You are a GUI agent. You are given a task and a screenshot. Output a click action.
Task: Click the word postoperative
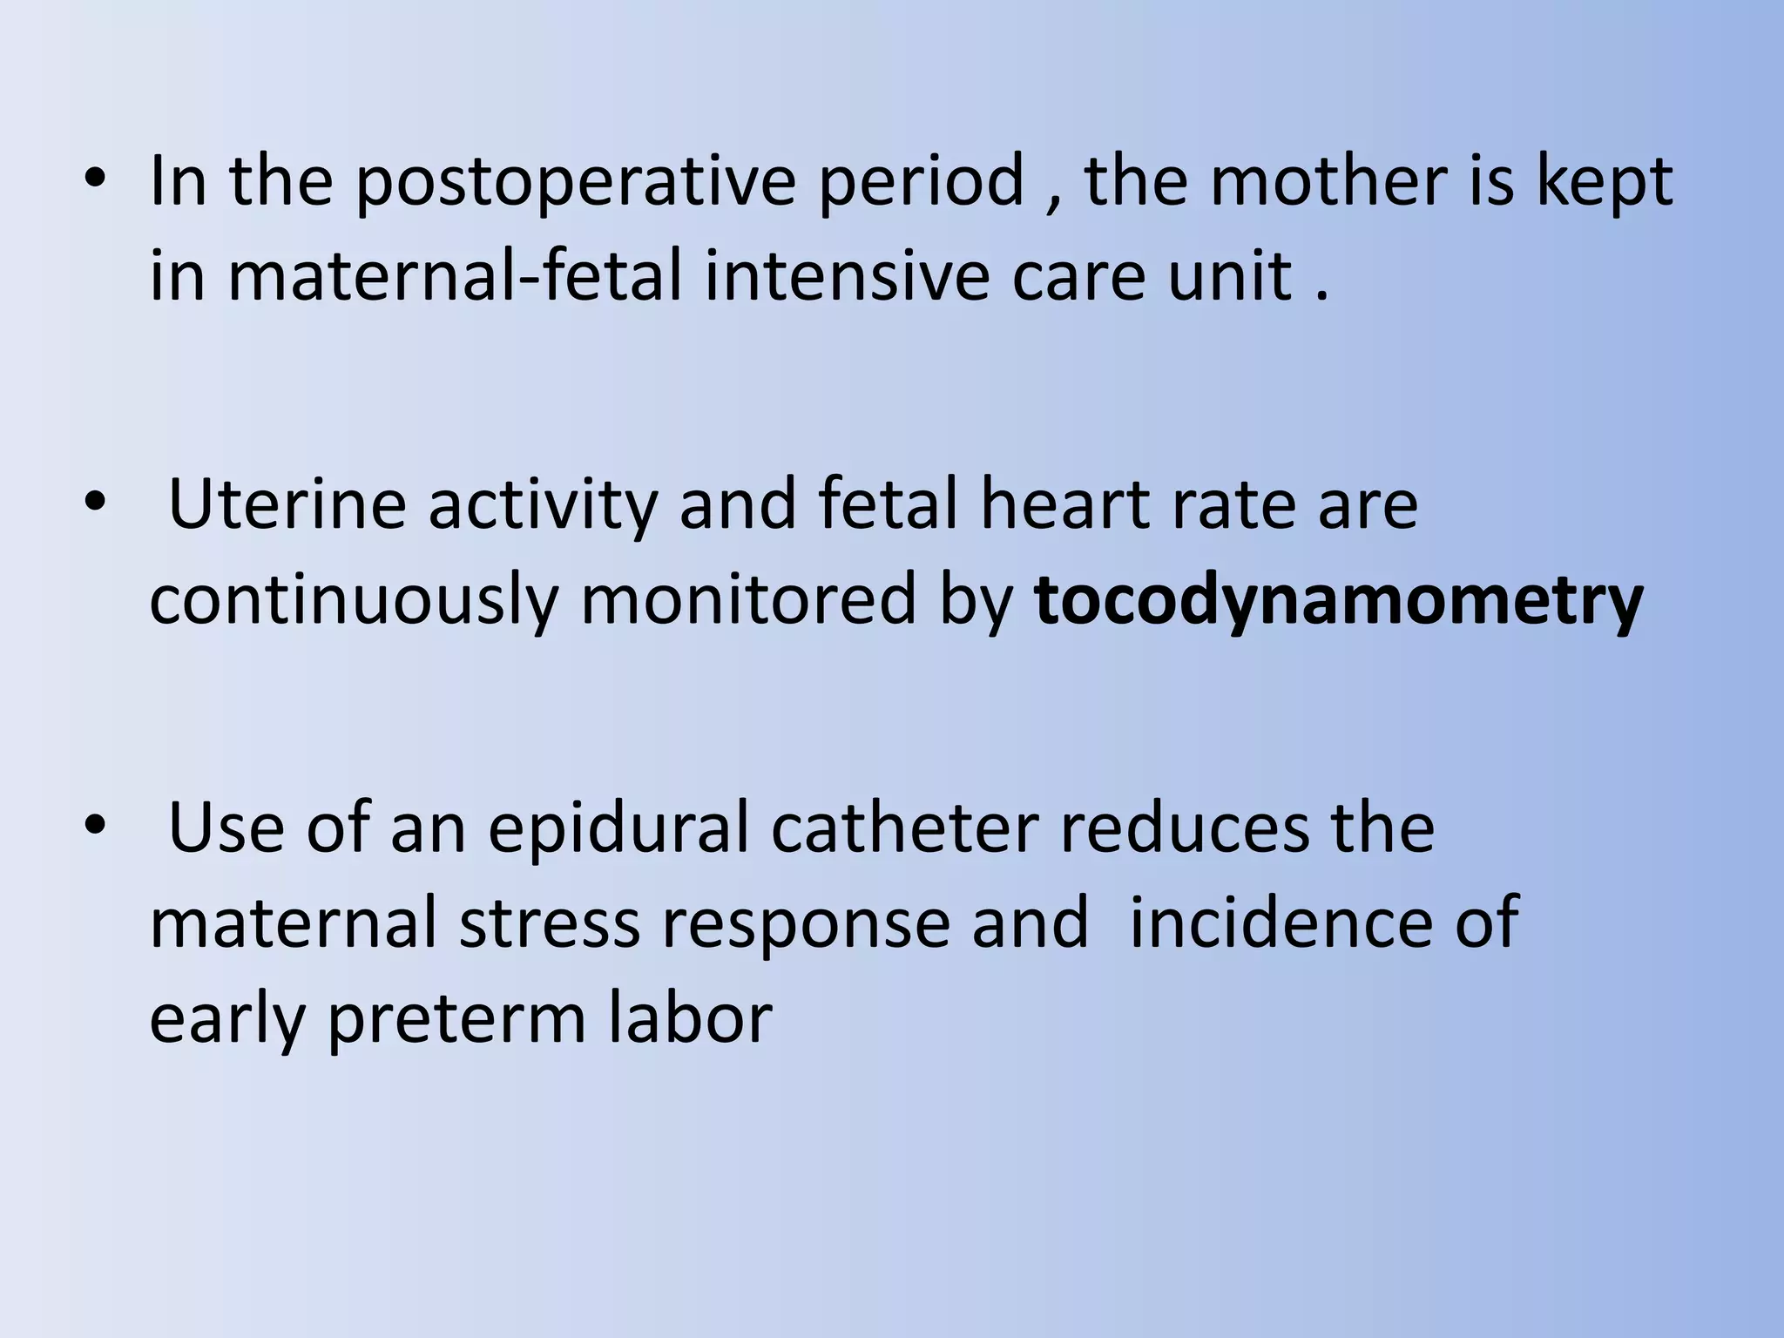click(x=575, y=183)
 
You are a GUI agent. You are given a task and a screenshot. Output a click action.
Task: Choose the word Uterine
click(x=287, y=505)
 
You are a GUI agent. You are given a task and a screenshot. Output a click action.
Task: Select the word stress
click(x=550, y=923)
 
